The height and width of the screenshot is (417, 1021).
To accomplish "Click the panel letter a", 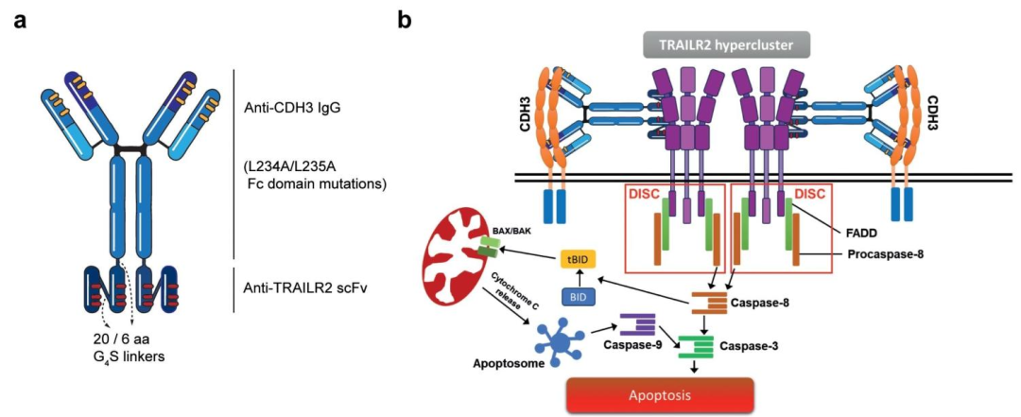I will coord(18,20).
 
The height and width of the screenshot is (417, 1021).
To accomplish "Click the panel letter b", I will coord(405,20).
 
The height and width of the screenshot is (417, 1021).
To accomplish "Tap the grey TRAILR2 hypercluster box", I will coord(718,43).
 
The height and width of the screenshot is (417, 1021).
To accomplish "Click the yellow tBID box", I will coord(577,262).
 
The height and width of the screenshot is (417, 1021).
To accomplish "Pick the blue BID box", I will coord(578,297).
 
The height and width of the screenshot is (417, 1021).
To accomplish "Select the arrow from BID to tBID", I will coord(577,280).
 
